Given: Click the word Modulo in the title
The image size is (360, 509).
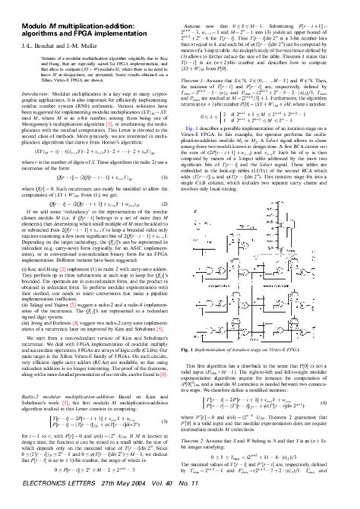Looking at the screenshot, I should tap(26, 9).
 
